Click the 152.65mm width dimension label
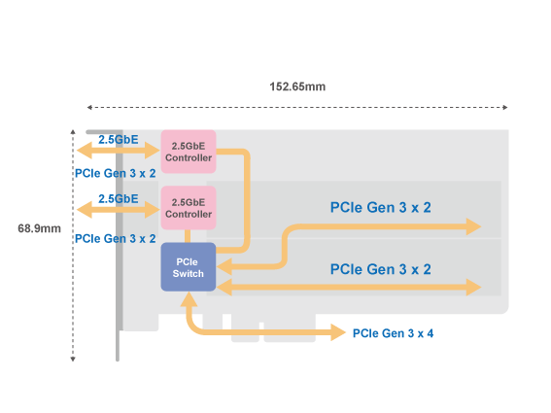click(297, 86)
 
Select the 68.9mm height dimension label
click(39, 228)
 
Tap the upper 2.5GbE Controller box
click(188, 152)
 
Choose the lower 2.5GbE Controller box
click(188, 207)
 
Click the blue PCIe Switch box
click(188, 267)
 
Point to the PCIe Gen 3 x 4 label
click(393, 333)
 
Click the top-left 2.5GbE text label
click(118, 140)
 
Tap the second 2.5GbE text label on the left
click(118, 198)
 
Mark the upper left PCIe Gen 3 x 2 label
click(115, 173)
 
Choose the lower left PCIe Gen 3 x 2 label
click(115, 238)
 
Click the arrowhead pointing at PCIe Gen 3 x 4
click(339, 333)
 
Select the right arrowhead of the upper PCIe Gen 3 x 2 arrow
click(473, 226)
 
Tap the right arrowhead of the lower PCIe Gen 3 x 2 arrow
click(473, 287)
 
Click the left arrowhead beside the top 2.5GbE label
click(83, 151)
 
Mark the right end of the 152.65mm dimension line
click(506, 107)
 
